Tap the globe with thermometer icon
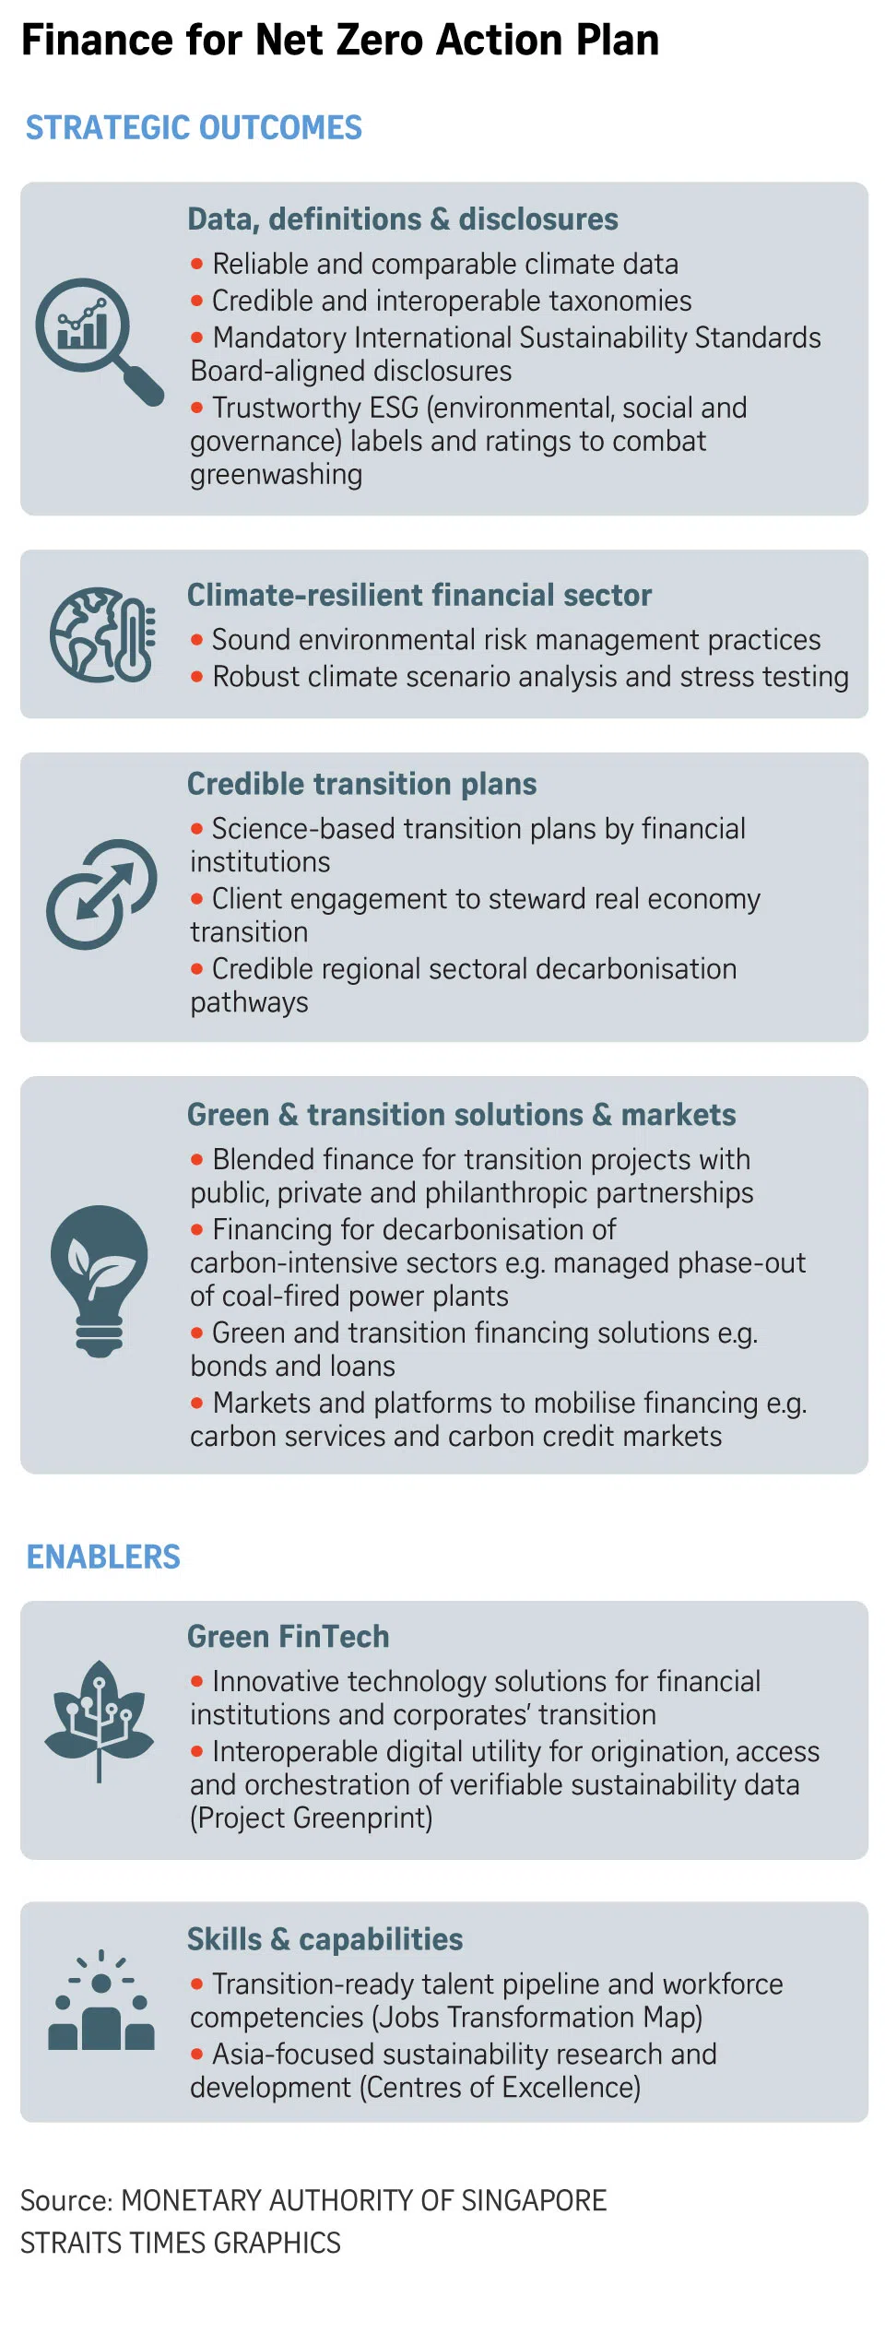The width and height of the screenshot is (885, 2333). tap(102, 634)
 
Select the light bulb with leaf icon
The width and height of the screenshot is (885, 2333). tap(100, 1280)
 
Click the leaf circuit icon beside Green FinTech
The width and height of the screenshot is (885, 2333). tap(100, 1721)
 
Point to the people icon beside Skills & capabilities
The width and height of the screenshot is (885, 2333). tap(101, 1999)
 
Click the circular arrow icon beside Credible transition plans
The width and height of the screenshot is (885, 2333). tap(101, 894)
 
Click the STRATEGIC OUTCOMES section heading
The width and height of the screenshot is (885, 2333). tap(194, 127)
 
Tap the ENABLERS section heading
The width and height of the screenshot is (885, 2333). tap(103, 1557)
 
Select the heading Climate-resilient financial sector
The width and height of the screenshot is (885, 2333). tap(419, 595)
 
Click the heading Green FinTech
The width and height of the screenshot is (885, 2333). tap(289, 1636)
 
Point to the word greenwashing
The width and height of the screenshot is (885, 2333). tap(277, 475)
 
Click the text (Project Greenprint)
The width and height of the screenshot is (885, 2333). tap(312, 1818)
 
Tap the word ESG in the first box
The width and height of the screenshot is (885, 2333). tap(394, 408)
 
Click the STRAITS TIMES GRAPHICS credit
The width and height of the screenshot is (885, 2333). tap(181, 2243)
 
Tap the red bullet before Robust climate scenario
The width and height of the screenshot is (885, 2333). tap(196, 677)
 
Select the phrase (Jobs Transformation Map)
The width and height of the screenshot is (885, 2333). tap(537, 2017)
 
